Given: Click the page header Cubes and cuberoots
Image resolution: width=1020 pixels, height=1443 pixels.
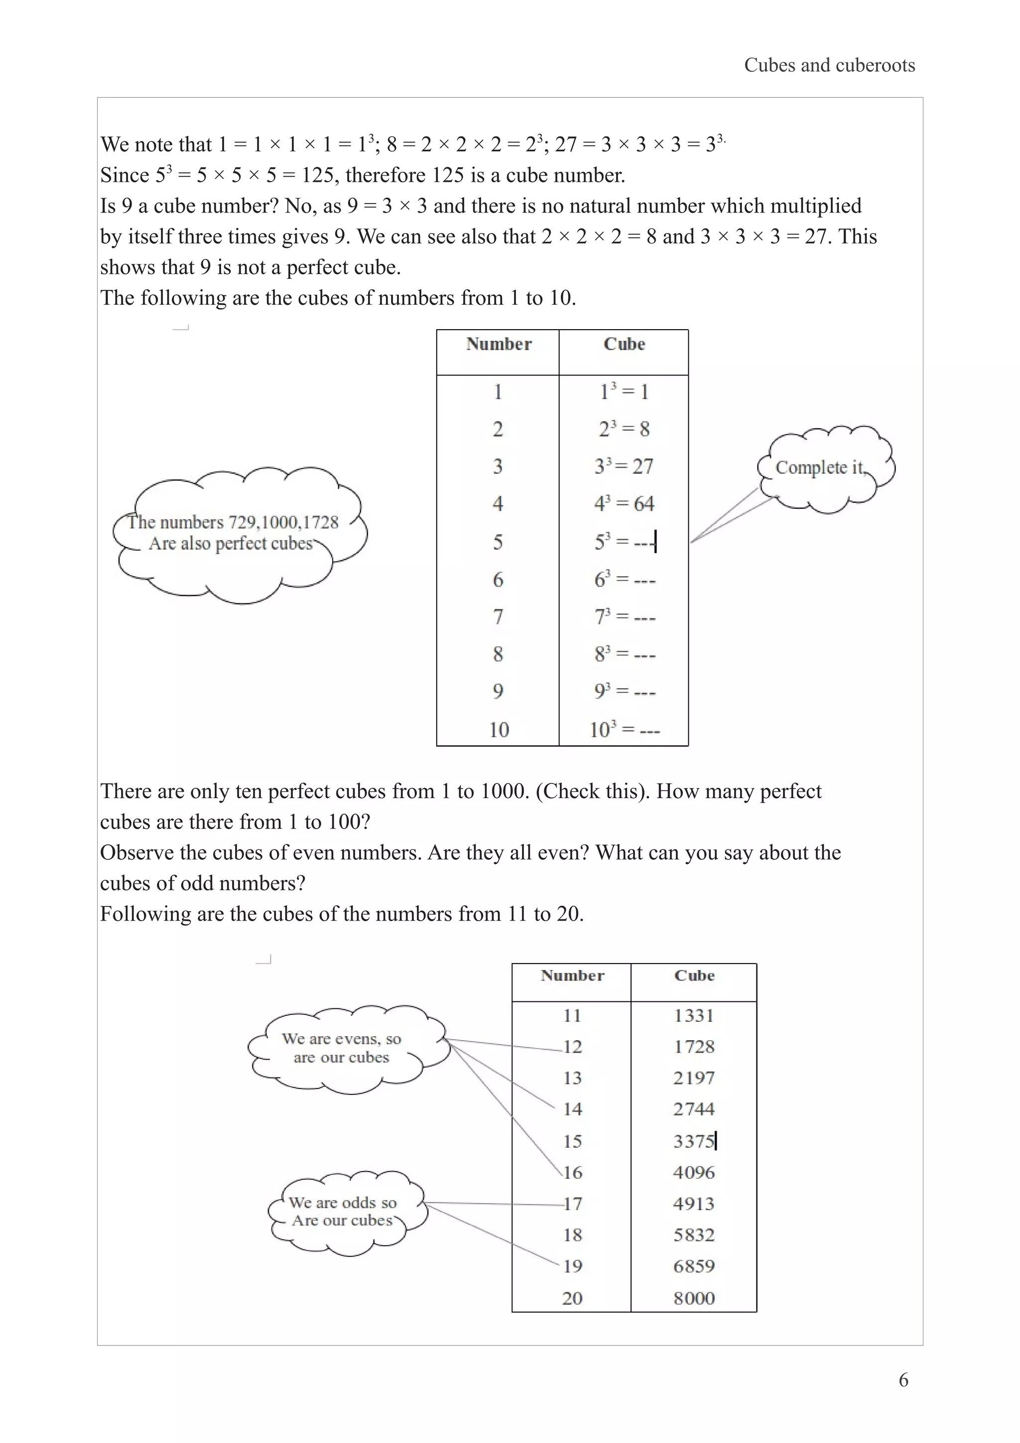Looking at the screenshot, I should point(829,65).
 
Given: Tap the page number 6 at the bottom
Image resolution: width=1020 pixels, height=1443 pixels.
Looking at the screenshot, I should point(903,1380).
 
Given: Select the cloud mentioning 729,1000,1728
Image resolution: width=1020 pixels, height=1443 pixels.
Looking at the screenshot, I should point(239,533).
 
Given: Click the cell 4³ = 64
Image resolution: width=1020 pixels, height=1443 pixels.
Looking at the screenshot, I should point(624,503).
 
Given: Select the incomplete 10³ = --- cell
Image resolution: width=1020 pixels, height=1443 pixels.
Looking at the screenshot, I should point(624,729).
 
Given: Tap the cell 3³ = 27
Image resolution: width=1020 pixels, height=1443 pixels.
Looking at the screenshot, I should point(624,467).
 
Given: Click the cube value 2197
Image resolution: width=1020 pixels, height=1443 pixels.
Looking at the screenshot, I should point(694,1078).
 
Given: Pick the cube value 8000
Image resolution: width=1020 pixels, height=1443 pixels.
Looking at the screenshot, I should point(694,1298).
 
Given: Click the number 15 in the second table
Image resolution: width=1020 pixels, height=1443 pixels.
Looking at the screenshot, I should point(572,1141).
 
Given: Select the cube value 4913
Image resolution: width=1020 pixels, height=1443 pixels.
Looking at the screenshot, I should point(694,1203).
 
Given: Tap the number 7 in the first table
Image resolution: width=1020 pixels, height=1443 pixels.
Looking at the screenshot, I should point(498,616).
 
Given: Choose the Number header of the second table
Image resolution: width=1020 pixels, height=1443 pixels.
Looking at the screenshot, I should point(572,975).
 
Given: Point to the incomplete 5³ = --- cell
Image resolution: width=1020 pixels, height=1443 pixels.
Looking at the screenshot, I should point(624,541).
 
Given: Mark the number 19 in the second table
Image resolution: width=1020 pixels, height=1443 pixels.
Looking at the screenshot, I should point(572,1266).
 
